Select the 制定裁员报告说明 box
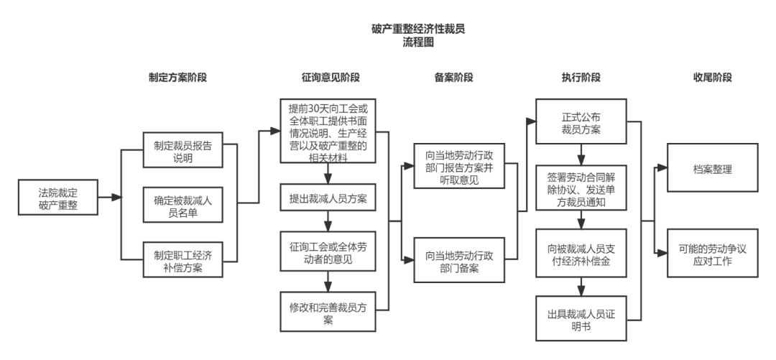click(183, 151)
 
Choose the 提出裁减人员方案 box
click(328, 199)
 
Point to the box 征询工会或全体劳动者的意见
click(328, 253)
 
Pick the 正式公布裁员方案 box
click(581, 122)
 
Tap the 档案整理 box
click(712, 170)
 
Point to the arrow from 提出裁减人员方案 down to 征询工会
click(328, 221)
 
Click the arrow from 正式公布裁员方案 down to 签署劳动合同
click(581, 156)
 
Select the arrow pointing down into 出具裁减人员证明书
click(581, 287)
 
